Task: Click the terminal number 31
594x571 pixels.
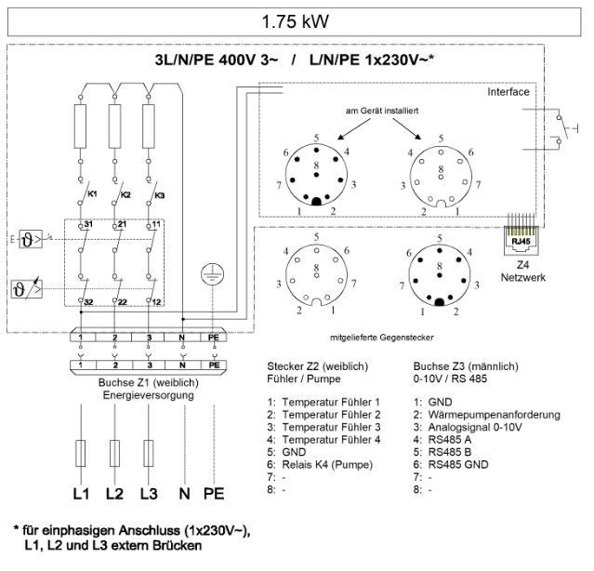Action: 88,226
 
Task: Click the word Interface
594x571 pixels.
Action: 508,93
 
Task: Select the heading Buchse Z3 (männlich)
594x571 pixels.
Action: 466,366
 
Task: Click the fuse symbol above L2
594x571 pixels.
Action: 114,455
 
